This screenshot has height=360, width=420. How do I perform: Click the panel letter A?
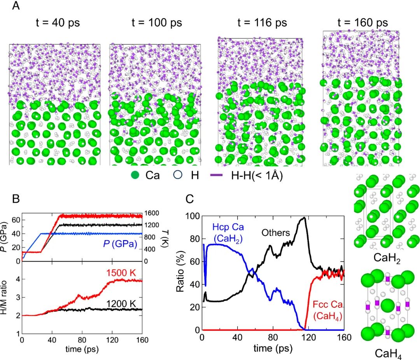[16, 5]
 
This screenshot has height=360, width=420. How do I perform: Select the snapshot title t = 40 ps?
[58, 23]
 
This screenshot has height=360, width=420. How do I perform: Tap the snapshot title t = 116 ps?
[262, 23]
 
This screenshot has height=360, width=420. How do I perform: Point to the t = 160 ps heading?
[363, 23]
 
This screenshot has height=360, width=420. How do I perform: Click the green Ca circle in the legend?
[135, 175]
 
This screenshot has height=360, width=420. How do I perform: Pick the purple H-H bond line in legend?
[217, 175]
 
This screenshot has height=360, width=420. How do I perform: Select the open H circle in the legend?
[178, 175]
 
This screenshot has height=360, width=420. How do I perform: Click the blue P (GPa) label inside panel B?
[120, 244]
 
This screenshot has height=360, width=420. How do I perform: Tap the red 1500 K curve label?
[121, 273]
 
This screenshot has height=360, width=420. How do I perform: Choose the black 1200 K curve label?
[121, 304]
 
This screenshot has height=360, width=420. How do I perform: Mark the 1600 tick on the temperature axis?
[152, 213]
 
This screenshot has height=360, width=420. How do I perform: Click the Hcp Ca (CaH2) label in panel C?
[228, 233]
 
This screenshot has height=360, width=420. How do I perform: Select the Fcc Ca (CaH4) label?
[328, 311]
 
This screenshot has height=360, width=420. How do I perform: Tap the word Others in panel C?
[276, 233]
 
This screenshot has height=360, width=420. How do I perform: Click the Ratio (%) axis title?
[180, 271]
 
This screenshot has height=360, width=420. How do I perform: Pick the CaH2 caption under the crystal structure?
[387, 258]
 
